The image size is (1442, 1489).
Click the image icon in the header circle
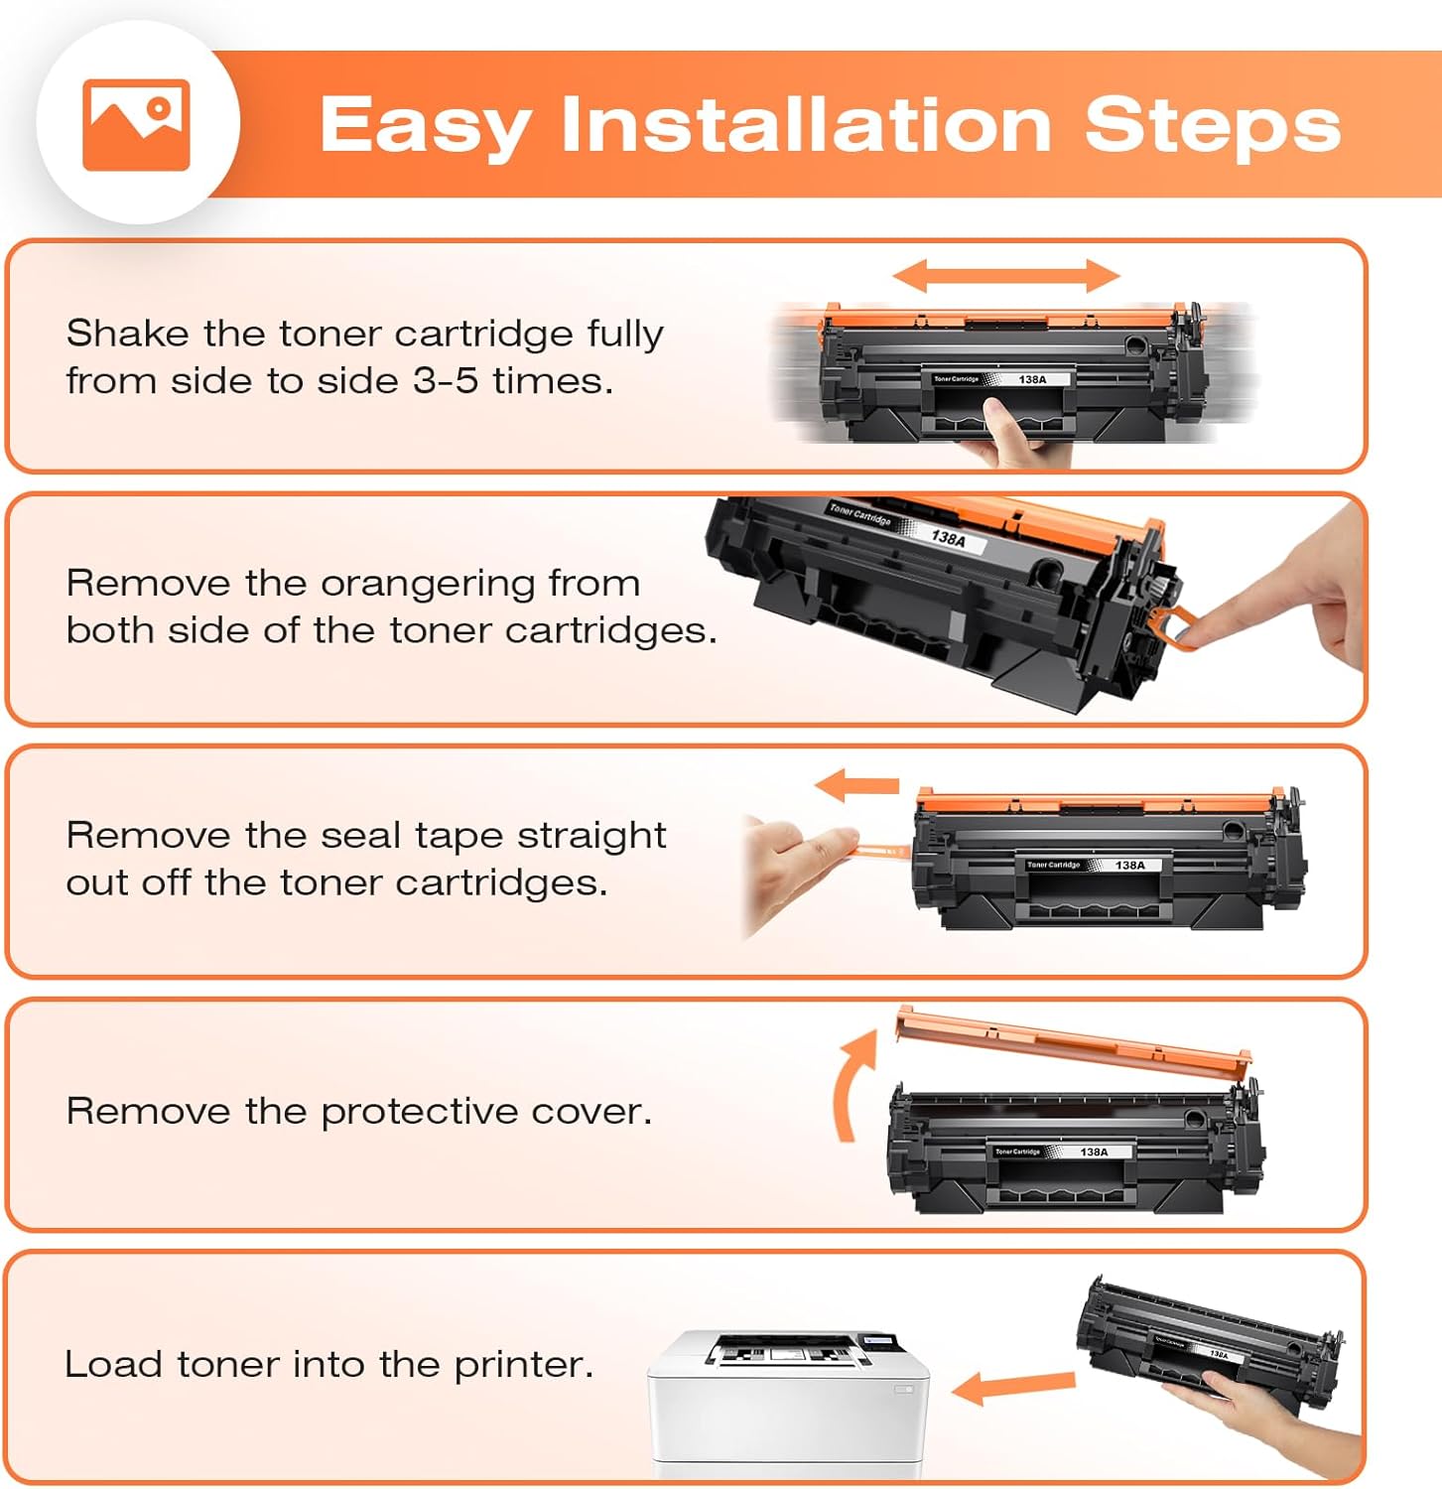pyautogui.click(x=136, y=124)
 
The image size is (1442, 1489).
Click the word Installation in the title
pyautogui.click(x=805, y=126)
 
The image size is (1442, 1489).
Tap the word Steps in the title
pyautogui.click(x=1212, y=126)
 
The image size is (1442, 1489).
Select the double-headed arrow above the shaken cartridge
pyautogui.click(x=1005, y=276)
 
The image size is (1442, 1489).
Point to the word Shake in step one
pyautogui.click(x=127, y=334)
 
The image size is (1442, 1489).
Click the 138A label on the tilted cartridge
pyautogui.click(x=948, y=538)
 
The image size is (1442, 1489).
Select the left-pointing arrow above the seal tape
pyautogui.click(x=856, y=786)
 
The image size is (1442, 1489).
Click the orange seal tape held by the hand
pyautogui.click(x=881, y=851)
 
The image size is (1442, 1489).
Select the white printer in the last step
pyautogui.click(x=789, y=1400)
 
